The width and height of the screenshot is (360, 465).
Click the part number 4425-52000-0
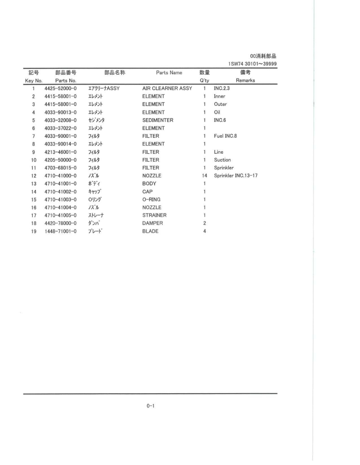click(x=60, y=88)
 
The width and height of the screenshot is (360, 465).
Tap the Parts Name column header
click(x=169, y=73)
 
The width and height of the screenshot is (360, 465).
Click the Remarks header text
click(x=245, y=80)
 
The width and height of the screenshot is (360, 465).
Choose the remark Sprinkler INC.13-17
click(x=236, y=176)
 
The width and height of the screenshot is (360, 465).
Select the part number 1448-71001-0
click(x=60, y=231)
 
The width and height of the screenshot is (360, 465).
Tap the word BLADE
click(x=150, y=231)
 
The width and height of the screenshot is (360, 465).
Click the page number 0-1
click(x=150, y=406)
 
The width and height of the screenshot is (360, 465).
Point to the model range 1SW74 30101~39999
click(x=253, y=63)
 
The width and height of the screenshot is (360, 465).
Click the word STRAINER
click(x=154, y=215)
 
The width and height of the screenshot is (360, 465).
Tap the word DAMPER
click(x=152, y=223)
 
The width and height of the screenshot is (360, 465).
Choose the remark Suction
click(x=222, y=160)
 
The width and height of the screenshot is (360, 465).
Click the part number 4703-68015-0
click(x=60, y=168)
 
